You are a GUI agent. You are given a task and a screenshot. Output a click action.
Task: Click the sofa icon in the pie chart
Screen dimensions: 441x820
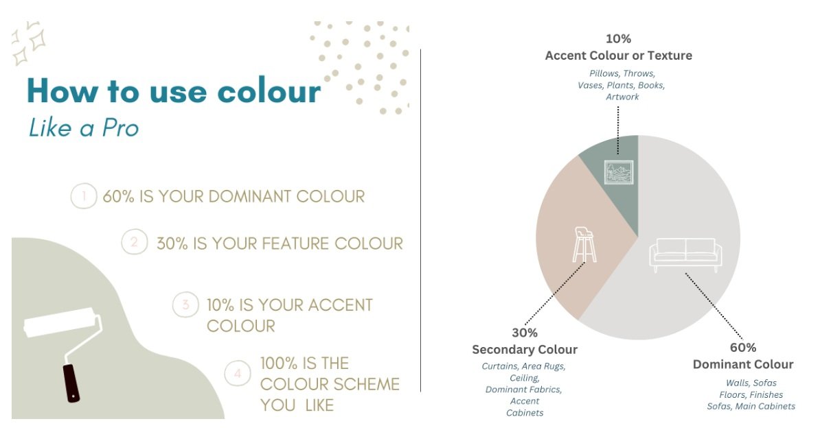pyautogui.click(x=685, y=252)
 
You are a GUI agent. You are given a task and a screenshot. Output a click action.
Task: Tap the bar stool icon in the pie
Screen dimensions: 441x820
pyautogui.click(x=584, y=245)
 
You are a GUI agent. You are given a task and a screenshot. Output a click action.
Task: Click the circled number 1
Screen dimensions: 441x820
pyautogui.click(x=84, y=197)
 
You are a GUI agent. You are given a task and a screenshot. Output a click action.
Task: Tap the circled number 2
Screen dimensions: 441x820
pyautogui.click(x=135, y=242)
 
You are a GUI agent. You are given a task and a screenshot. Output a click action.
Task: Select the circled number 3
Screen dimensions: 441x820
pyautogui.click(x=185, y=305)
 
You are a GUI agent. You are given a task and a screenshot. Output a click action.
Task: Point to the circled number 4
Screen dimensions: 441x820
pyautogui.click(x=238, y=374)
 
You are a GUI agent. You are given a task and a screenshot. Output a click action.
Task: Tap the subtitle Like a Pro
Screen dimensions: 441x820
pyautogui.click(x=83, y=127)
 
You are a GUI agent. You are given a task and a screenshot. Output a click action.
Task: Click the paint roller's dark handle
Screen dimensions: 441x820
pyautogui.click(x=71, y=383)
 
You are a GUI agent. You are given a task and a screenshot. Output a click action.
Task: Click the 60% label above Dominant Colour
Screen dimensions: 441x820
pyautogui.click(x=742, y=348)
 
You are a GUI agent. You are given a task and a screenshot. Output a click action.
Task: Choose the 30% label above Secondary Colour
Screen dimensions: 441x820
pyautogui.click(x=524, y=333)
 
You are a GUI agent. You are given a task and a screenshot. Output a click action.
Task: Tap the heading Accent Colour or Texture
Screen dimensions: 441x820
pyautogui.click(x=618, y=56)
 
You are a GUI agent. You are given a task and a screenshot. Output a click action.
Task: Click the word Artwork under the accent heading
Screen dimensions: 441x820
pyautogui.click(x=622, y=97)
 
